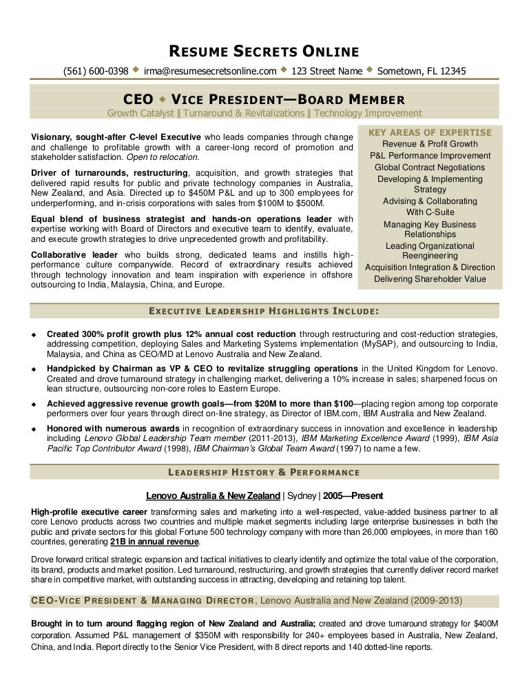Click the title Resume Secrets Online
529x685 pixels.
click(264, 51)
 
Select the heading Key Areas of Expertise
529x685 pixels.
click(431, 132)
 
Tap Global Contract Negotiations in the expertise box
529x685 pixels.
click(430, 167)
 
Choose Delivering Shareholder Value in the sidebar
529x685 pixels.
click(430, 279)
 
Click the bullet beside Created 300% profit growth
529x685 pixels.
click(34, 334)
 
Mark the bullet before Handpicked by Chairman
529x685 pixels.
click(34, 368)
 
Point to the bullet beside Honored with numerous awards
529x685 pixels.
click(34, 429)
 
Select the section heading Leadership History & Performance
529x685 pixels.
click(264, 472)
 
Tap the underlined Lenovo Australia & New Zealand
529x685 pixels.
click(214, 495)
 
